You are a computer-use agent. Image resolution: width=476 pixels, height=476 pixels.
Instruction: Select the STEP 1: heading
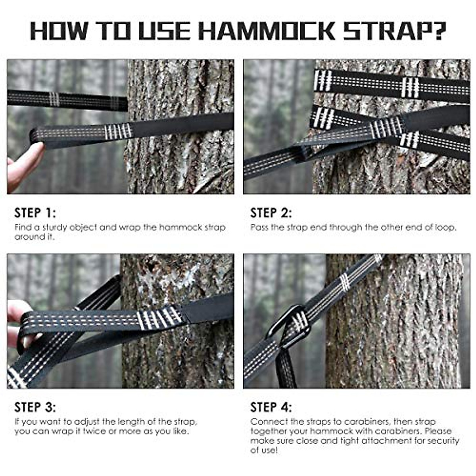click(35, 213)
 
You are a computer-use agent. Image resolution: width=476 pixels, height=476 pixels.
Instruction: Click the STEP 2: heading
click(271, 213)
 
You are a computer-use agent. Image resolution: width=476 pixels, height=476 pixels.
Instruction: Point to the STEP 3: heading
click(35, 407)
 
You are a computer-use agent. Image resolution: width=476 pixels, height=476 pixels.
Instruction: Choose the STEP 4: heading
click(271, 407)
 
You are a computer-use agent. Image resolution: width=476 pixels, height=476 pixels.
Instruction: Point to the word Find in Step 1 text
click(23, 228)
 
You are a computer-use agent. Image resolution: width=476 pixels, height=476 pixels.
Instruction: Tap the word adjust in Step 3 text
click(87, 422)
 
